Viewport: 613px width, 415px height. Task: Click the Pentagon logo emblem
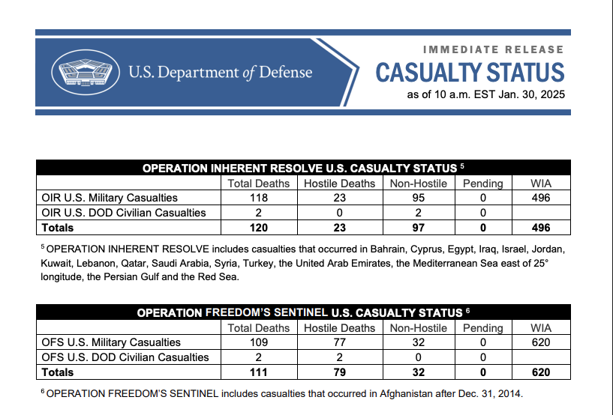coord(85,73)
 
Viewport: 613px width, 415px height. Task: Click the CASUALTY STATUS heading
coord(470,73)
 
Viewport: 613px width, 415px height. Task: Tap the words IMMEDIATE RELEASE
coord(493,49)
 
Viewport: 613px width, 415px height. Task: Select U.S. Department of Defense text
coord(220,73)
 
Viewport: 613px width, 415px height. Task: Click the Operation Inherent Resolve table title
coord(303,168)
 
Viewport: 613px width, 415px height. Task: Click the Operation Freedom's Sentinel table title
coord(303,312)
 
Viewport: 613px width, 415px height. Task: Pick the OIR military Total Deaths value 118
coord(259,198)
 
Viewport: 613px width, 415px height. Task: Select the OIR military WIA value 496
coord(540,198)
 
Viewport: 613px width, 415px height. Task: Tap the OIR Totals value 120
coord(259,228)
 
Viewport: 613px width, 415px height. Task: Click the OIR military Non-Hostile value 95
coord(419,198)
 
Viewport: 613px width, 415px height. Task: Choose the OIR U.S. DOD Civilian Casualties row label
coord(123,213)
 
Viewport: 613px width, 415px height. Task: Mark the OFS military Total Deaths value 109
coord(259,342)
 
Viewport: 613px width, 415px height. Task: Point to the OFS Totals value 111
coord(259,372)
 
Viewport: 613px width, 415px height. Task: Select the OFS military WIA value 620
coord(540,342)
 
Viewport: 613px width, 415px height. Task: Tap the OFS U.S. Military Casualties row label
coord(110,342)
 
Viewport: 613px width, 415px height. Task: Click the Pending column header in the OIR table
coord(482,183)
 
